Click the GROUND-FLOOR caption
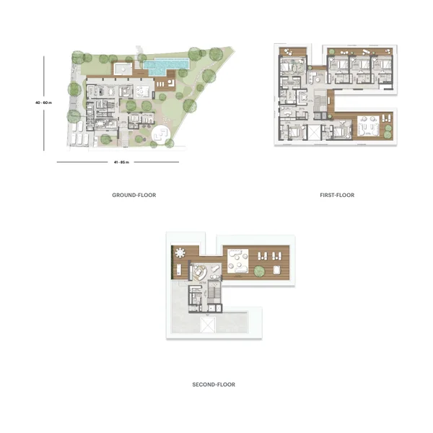tap(134, 195)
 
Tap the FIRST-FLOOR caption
tap(337, 195)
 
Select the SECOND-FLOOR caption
tap(214, 385)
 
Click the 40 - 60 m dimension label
tap(43, 102)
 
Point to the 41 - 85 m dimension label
tap(121, 162)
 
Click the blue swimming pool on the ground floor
tap(165, 66)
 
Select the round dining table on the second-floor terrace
tap(180, 253)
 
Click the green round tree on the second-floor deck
tap(259, 271)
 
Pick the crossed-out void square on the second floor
tap(208, 325)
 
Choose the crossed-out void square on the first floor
tap(314, 132)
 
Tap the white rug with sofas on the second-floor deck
tap(237, 261)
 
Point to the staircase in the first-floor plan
tap(320, 103)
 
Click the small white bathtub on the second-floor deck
tap(276, 270)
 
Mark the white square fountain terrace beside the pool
tap(123, 69)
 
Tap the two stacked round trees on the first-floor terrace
tap(388, 131)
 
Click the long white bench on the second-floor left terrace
tap(179, 269)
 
